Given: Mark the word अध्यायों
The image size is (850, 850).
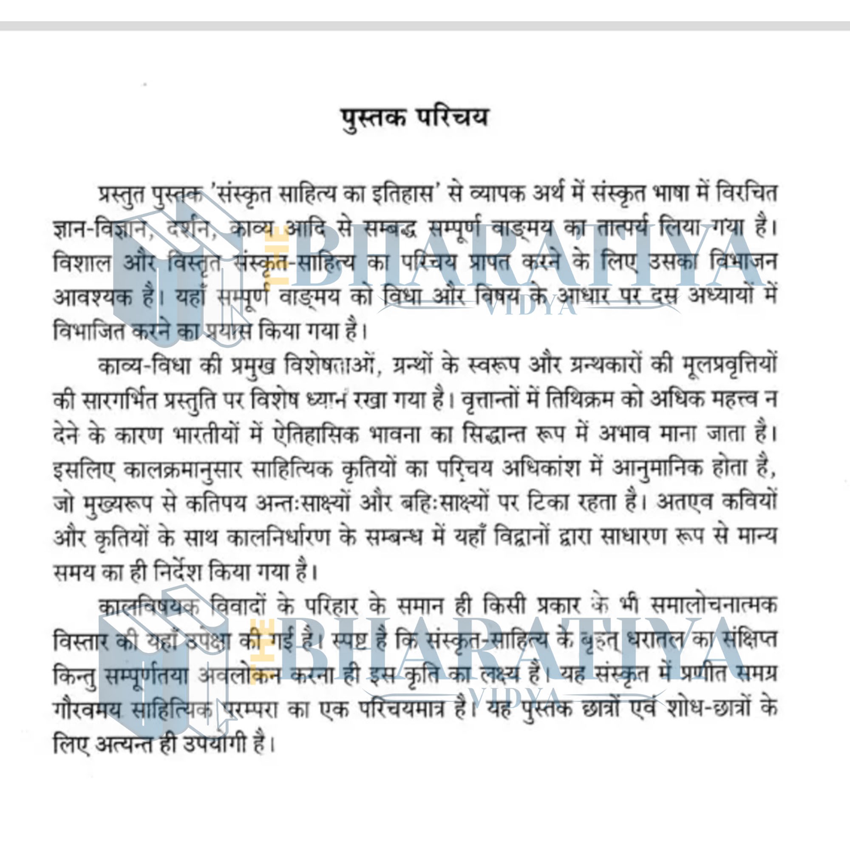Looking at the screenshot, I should (720, 297).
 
